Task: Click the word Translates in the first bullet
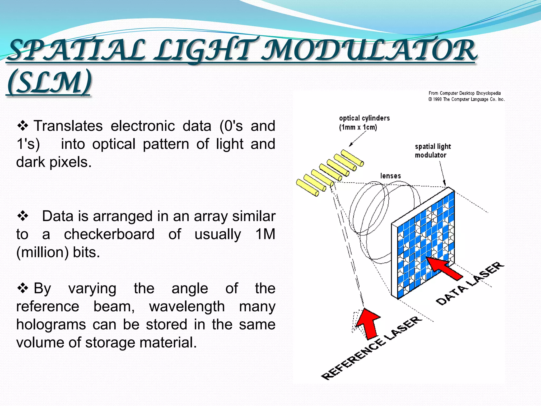pyautogui.click(x=68, y=126)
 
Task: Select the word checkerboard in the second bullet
pyautogui.click(x=109, y=234)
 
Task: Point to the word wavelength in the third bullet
pyautogui.click(x=187, y=307)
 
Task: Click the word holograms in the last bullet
pyautogui.click(x=51, y=325)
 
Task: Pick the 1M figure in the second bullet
pyautogui.click(x=265, y=234)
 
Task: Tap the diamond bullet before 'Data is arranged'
pyautogui.click(x=23, y=216)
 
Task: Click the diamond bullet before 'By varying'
pyautogui.click(x=23, y=288)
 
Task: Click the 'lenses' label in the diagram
pyautogui.click(x=390, y=176)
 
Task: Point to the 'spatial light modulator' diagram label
pyautogui.click(x=432, y=151)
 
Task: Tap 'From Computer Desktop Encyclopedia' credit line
pyautogui.click(x=464, y=93)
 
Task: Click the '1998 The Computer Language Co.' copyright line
pyautogui.click(x=467, y=99)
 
